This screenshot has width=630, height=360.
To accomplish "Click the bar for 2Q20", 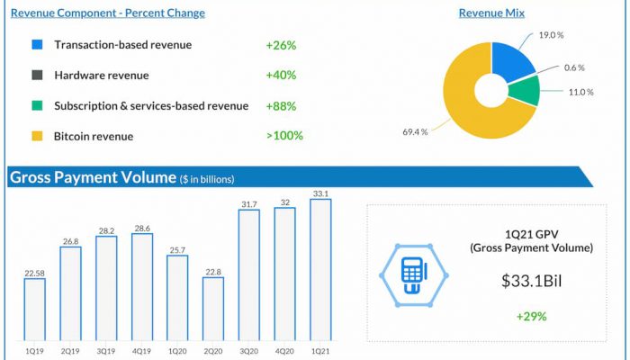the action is click(x=213, y=309).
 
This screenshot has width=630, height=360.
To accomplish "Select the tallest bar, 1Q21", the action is click(x=320, y=270).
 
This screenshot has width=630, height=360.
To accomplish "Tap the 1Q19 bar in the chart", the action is click(x=34, y=310).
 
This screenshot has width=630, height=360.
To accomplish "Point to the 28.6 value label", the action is click(x=142, y=229).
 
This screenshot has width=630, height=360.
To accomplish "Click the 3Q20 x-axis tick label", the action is click(x=249, y=351).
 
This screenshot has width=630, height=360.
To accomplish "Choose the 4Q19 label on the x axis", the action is click(x=142, y=351).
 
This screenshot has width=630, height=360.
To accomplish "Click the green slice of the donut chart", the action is click(x=525, y=90).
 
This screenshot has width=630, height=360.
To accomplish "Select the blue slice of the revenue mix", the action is click(x=511, y=60).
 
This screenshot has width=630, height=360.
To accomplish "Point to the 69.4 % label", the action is click(x=415, y=131).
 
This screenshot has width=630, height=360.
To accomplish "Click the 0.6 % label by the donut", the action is click(x=574, y=67).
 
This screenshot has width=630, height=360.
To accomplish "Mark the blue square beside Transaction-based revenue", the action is click(x=37, y=44).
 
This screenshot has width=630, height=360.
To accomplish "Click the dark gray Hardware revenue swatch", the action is click(x=37, y=75).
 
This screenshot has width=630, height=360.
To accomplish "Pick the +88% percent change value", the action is click(x=281, y=106).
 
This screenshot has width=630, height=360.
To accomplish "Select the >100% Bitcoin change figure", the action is click(x=284, y=136).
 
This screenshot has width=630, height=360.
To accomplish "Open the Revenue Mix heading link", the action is click(x=491, y=13).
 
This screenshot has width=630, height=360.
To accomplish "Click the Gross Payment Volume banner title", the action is click(x=93, y=177).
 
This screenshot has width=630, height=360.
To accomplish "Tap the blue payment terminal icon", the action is click(x=414, y=275).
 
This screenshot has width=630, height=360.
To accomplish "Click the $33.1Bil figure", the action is click(x=532, y=281).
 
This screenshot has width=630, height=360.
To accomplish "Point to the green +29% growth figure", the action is click(x=532, y=317).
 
